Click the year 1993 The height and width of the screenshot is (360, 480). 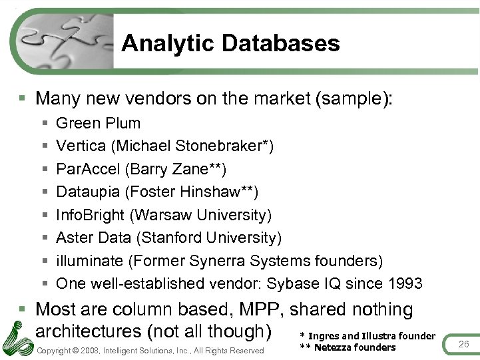tap(403, 283)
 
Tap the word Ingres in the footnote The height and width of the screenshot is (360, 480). tap(323, 336)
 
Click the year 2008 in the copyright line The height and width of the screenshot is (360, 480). tap(93, 351)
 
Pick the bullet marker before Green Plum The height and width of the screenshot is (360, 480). tap(44, 124)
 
